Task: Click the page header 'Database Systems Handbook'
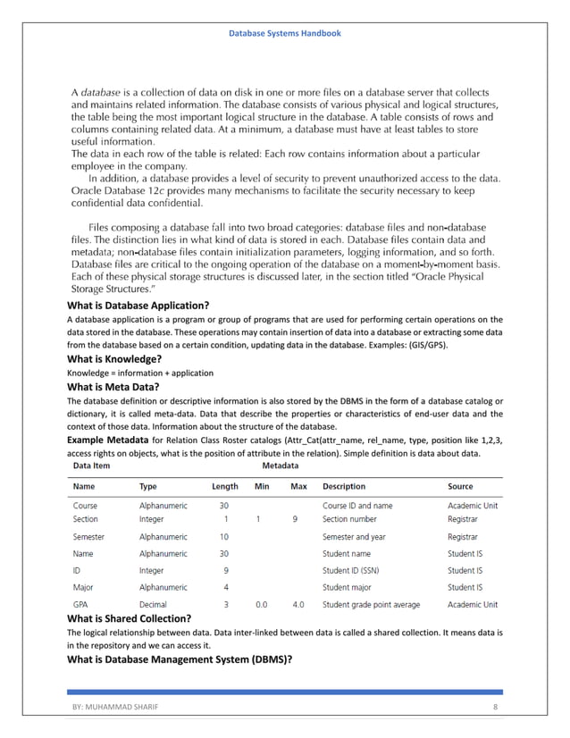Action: pos(284,33)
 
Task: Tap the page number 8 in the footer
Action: pos(494,707)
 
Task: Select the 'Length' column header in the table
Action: pos(224,487)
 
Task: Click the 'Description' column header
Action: pos(344,487)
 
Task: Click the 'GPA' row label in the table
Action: pos(81,605)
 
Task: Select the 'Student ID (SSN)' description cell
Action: pos(356,570)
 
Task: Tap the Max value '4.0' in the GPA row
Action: pos(298,605)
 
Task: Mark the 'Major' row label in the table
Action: pos(84,587)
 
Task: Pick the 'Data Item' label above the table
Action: pos(92,465)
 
